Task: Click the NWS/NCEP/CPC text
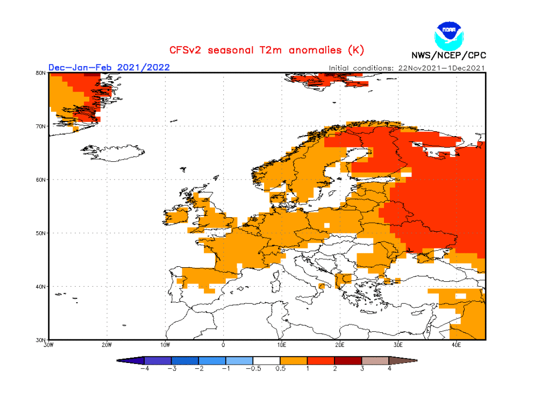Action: (x=448, y=55)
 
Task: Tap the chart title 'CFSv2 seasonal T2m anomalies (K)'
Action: (x=267, y=50)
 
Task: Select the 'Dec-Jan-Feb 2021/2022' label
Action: (x=109, y=67)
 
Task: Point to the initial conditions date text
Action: (x=407, y=68)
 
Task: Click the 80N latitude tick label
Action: (x=40, y=73)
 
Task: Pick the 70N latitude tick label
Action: (x=40, y=126)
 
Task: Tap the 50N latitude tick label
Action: (x=40, y=233)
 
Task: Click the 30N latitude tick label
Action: (x=40, y=340)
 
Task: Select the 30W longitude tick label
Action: (x=48, y=345)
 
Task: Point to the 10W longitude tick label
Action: (x=165, y=345)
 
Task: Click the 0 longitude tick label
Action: (x=223, y=345)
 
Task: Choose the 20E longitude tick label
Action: (x=340, y=345)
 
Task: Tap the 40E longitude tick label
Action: (x=456, y=345)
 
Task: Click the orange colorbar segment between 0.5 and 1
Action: (x=294, y=360)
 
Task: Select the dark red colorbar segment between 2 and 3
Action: (x=348, y=360)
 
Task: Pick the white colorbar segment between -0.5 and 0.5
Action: (x=266, y=360)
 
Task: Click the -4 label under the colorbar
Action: (x=144, y=368)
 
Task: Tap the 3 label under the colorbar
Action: (x=361, y=368)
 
